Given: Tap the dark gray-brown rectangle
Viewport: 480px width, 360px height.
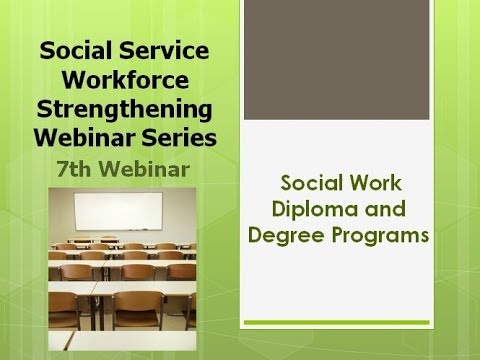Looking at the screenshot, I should pyautogui.click(x=357, y=61).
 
